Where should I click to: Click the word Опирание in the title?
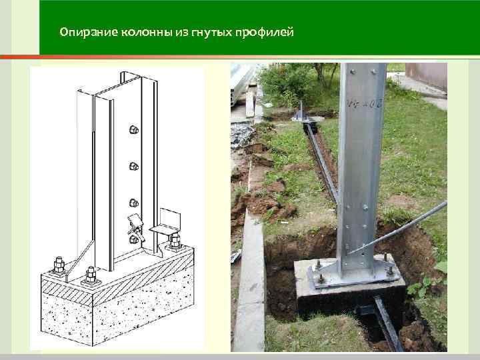(x=83, y=32)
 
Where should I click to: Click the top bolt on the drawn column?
(x=134, y=129)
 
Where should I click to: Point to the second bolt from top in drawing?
(x=134, y=166)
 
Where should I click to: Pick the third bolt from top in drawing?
(x=134, y=202)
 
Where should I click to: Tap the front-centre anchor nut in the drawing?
(x=89, y=273)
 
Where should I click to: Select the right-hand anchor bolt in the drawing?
(x=174, y=241)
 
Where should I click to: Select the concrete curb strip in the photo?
(x=251, y=280)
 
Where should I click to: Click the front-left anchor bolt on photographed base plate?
(x=319, y=275)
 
